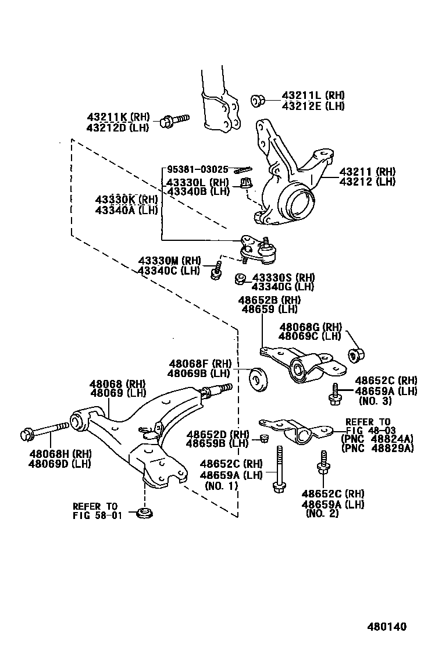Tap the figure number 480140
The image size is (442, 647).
pyautogui.click(x=386, y=627)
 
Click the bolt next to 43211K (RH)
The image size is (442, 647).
pyautogui.click(x=174, y=120)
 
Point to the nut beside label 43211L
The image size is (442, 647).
pyautogui.click(x=258, y=101)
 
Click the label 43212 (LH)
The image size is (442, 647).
pyautogui.click(x=367, y=182)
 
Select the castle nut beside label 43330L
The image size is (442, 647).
pyautogui.click(x=245, y=184)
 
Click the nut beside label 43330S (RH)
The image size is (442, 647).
pyautogui.click(x=240, y=280)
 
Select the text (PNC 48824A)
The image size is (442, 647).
pyautogui.click(x=377, y=439)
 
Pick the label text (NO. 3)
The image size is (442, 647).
pyautogui.click(x=375, y=401)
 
